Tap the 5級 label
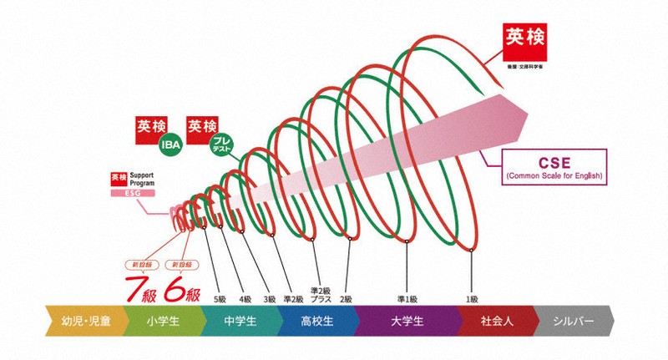pos(220,298)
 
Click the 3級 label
pos(270,298)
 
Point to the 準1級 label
pos(406,298)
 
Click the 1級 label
pos(472,298)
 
